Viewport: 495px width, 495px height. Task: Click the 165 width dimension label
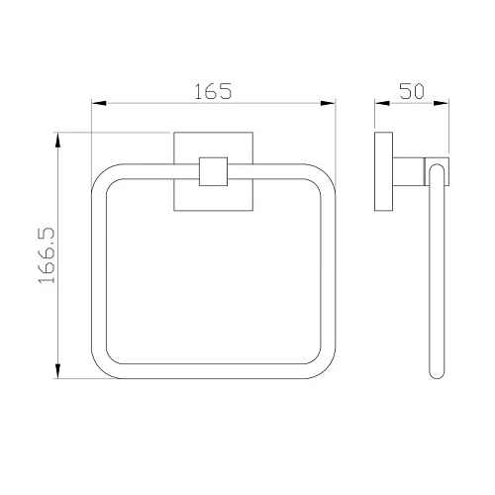click(213, 91)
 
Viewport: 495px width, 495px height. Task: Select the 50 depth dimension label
click(412, 91)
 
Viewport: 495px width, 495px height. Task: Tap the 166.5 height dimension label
click(47, 255)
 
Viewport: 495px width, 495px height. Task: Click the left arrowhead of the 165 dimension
click(99, 103)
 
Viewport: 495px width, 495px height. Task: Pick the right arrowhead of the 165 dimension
click(328, 103)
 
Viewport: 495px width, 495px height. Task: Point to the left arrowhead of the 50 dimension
click(382, 103)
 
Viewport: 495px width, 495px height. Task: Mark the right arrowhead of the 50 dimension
click(442, 103)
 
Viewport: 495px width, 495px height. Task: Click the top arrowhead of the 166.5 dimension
click(57, 140)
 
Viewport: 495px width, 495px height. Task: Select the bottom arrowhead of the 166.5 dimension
click(57, 371)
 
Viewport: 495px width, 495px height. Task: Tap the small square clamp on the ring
click(214, 171)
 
